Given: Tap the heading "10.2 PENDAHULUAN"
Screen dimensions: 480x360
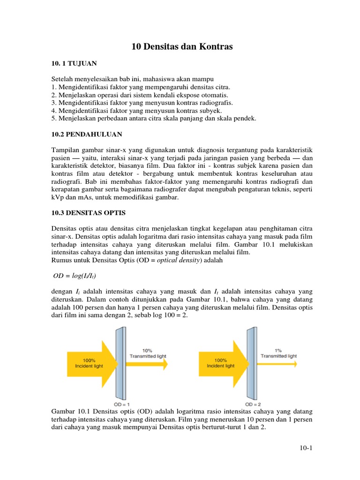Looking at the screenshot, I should (87, 134).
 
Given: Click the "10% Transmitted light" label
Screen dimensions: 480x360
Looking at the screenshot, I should (147, 353).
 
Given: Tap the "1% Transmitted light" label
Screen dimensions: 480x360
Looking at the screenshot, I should (279, 353).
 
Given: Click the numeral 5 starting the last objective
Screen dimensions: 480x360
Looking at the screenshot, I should (53, 119).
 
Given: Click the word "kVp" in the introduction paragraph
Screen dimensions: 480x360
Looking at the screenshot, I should (57, 197).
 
